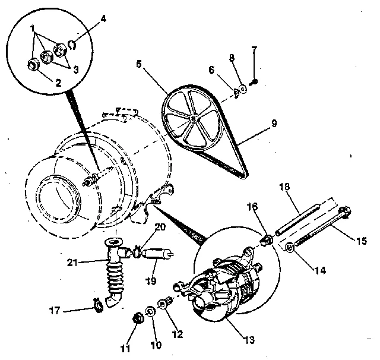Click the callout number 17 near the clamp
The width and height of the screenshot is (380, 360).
point(55,310)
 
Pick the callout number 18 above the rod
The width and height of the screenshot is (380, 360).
point(284,187)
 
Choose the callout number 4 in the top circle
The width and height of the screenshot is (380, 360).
point(103,19)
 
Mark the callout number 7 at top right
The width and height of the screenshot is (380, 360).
point(254,49)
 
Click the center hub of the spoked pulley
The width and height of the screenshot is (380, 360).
point(194,118)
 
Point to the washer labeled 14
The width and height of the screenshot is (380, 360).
point(290,247)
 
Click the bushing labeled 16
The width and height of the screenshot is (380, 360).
point(267,241)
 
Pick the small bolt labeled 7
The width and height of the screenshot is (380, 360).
point(254,81)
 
